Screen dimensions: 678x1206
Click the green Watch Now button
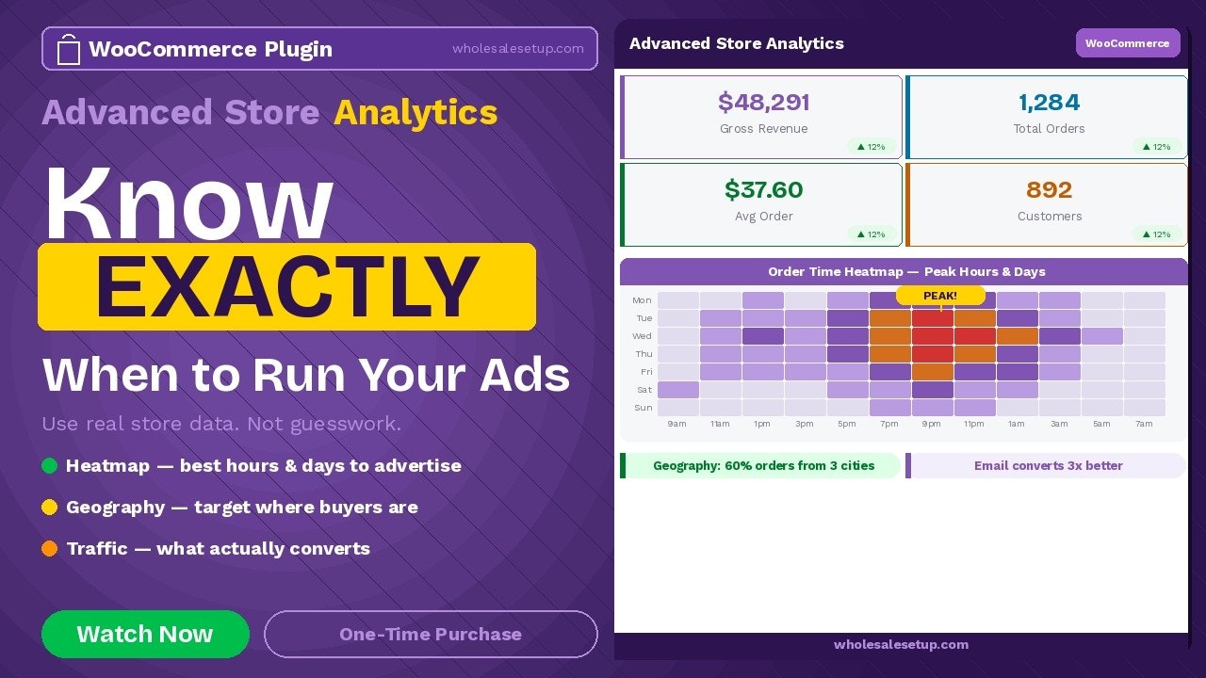tap(145, 634)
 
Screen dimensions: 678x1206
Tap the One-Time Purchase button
tap(431, 634)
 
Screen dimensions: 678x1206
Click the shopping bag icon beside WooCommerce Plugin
tap(69, 49)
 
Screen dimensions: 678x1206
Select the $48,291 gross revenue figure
tap(763, 102)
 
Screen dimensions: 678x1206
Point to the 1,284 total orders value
tap(1049, 102)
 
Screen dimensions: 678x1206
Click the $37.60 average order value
tap(763, 189)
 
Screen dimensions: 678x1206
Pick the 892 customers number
tap(1049, 189)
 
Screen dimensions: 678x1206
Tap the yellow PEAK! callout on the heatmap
tap(940, 296)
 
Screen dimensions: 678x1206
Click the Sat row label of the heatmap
tap(644, 390)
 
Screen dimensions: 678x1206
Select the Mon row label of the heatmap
tap(642, 300)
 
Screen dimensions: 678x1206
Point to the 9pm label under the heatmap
tap(931, 424)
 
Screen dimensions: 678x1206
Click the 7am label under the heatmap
tap(1144, 424)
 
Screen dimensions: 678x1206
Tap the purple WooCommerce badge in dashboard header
tap(1127, 43)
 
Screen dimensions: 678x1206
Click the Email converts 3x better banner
tap(1048, 465)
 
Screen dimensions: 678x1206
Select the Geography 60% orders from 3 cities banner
tap(763, 465)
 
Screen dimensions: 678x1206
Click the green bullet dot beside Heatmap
tap(50, 465)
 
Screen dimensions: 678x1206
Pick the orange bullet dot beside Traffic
tap(50, 548)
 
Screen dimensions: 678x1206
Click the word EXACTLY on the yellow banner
tap(286, 286)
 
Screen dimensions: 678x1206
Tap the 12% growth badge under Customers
tap(1158, 234)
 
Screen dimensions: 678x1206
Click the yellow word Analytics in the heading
tap(416, 112)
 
